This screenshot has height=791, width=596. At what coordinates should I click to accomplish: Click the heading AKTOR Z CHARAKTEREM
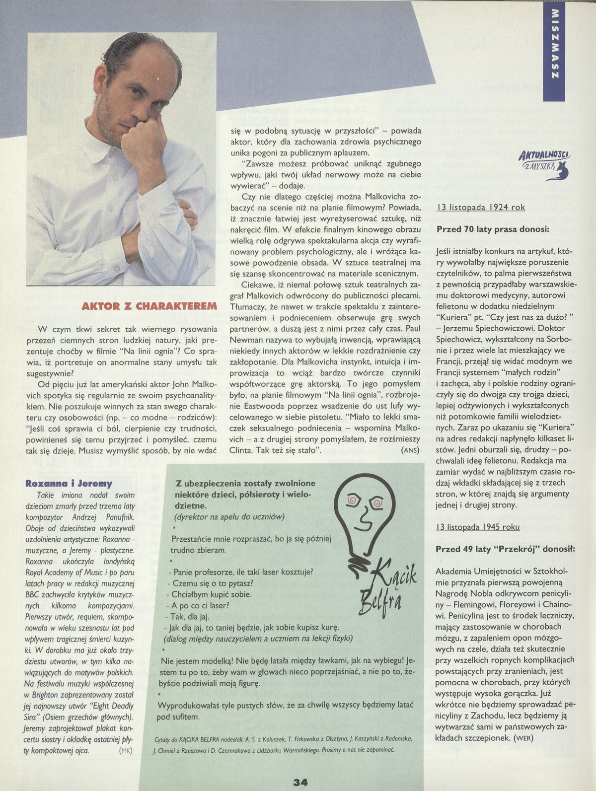(149, 306)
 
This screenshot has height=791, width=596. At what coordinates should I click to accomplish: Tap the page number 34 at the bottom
(300, 783)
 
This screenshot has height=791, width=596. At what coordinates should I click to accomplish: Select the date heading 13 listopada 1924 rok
(481, 207)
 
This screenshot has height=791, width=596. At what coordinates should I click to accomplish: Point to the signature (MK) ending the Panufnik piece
(125, 737)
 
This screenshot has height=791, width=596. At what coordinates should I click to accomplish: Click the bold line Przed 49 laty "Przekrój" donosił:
(505, 549)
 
